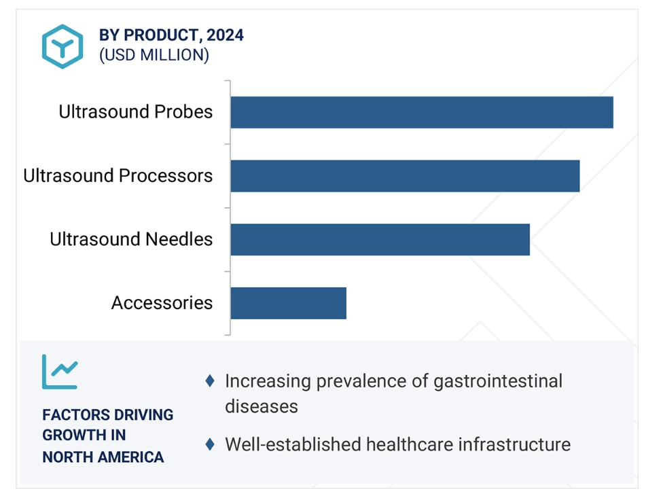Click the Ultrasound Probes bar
click(422, 113)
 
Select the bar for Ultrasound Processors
click(405, 176)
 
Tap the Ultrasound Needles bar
click(380, 240)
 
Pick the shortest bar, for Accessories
click(289, 303)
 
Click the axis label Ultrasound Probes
click(136, 111)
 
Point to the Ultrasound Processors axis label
click(118, 175)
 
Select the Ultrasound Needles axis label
click(131, 239)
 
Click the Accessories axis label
click(162, 303)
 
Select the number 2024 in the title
click(225, 35)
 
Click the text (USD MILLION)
click(154, 55)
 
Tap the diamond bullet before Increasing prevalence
click(210, 381)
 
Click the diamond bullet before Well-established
click(210, 444)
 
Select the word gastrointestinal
click(498, 381)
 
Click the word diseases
click(262, 406)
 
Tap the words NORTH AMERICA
click(103, 457)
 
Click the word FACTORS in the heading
click(69, 414)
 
